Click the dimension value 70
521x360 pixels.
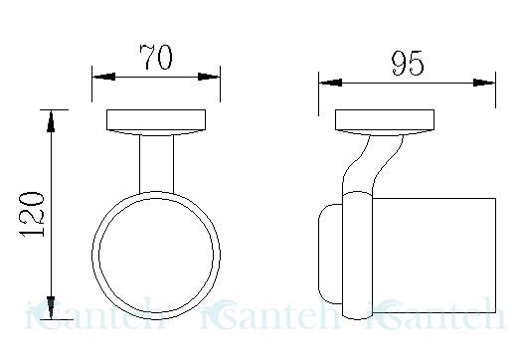(x=156, y=57)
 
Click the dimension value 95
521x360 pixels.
(x=408, y=63)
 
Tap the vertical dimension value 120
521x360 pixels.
(x=32, y=214)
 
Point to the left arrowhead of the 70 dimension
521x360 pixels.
(x=104, y=77)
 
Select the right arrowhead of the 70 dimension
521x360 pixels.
(x=209, y=77)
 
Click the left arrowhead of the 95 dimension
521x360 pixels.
(x=331, y=83)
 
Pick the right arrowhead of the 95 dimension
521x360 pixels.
(x=484, y=83)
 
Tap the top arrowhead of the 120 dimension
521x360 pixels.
(x=51, y=121)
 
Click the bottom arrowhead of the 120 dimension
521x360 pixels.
(x=51, y=307)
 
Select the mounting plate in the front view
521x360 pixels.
(x=156, y=122)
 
